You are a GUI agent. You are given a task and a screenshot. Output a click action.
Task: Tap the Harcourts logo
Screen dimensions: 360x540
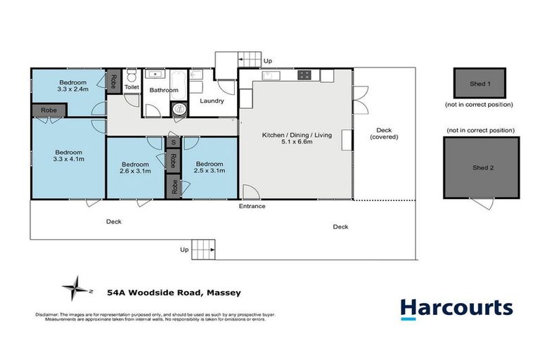pos(456,309)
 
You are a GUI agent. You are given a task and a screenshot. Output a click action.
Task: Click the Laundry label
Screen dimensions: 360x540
pos(212,101)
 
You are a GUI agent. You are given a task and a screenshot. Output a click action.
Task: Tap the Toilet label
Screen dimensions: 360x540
pos(132,87)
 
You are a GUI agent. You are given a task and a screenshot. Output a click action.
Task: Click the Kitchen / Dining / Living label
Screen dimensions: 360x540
pos(295,135)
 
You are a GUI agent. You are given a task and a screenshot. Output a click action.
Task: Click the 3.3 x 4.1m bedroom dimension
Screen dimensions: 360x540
pos(69,160)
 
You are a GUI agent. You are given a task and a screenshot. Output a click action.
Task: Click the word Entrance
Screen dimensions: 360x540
pos(252,206)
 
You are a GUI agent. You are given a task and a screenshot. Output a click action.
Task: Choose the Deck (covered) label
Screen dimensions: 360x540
pos(384,134)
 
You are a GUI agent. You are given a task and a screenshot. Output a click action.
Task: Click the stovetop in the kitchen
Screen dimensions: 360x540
pos(304,74)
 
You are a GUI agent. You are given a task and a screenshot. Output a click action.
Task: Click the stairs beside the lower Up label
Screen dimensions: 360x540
pos(202,248)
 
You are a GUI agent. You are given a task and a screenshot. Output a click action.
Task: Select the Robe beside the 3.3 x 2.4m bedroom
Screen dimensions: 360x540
pos(112,81)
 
